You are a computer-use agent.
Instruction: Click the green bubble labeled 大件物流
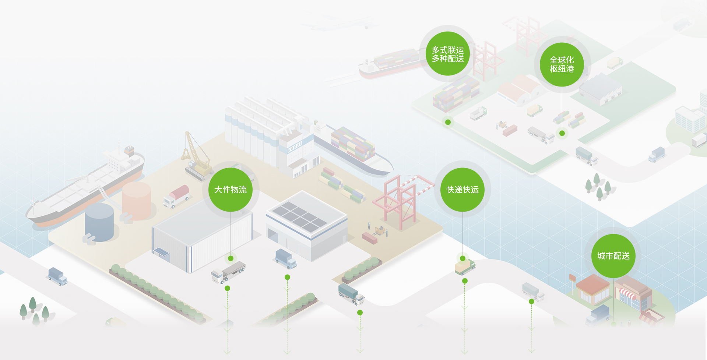pos(231,190)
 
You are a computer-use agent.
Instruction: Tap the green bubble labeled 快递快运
pos(462,190)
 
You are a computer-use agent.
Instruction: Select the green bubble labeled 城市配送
pos(613,256)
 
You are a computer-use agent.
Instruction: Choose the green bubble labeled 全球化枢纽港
pos(562,64)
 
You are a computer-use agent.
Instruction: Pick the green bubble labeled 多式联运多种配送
pos(448,54)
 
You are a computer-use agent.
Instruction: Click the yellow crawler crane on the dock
pos(197,158)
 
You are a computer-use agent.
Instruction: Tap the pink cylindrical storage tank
pos(137,201)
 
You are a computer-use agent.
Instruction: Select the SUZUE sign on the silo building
pos(295,147)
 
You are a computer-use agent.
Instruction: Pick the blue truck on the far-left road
pos(58,276)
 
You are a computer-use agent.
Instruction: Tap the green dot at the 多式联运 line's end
pos(448,122)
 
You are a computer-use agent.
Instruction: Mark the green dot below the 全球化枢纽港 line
pos(562,133)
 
